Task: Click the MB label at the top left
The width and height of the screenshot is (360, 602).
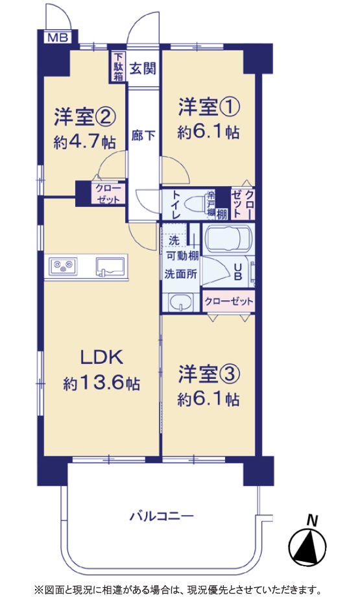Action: click(x=58, y=38)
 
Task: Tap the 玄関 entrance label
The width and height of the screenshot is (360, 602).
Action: click(x=143, y=69)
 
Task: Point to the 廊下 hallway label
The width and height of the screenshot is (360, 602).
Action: click(x=143, y=135)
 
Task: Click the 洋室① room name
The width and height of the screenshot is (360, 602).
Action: click(x=209, y=107)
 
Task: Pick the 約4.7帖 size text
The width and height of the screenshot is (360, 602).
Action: click(x=84, y=143)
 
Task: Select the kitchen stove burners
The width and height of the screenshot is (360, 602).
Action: click(x=63, y=266)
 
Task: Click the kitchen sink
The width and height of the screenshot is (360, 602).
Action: click(x=110, y=266)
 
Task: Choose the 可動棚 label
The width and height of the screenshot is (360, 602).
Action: click(x=182, y=256)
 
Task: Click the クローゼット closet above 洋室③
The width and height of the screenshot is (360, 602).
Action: click(x=229, y=302)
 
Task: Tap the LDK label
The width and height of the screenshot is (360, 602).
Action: click(x=101, y=357)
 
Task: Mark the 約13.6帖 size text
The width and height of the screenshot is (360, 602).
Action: click(x=101, y=383)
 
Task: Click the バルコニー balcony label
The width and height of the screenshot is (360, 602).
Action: click(x=162, y=516)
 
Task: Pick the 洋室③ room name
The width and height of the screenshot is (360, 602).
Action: click(x=209, y=375)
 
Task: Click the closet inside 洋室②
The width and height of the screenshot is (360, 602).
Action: click(x=108, y=193)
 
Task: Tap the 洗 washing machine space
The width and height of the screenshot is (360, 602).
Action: click(x=174, y=241)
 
